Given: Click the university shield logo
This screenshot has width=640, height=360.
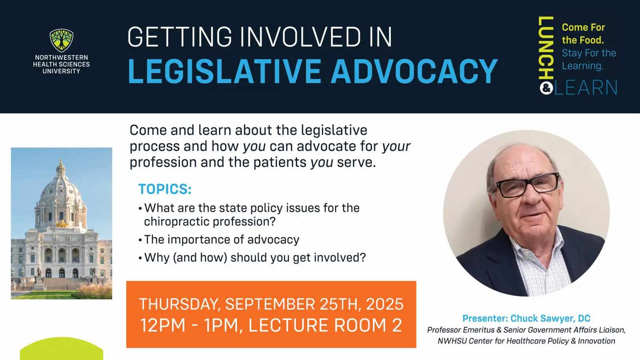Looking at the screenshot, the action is point(62,40).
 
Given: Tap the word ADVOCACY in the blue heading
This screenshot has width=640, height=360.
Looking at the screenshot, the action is point(414,71).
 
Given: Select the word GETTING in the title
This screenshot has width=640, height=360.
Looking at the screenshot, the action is point(180,37).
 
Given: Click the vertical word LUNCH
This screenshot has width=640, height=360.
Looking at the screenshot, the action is point(546,48).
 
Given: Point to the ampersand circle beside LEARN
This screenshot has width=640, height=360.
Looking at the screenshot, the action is point(546,88).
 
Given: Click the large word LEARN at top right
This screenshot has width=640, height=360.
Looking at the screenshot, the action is point(586,88).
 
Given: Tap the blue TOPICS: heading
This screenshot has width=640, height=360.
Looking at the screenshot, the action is point(165,189).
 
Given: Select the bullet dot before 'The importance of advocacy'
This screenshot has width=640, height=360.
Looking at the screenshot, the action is point(140,240).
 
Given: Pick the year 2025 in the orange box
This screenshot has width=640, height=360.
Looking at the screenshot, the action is point(384,304).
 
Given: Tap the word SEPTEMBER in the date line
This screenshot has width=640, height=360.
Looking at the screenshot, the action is point(270,304).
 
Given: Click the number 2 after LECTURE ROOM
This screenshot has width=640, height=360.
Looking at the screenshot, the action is point(397,325).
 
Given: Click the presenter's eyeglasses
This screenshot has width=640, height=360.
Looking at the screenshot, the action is point(528,185).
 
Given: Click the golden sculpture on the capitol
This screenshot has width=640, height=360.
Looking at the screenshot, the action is point(62,224).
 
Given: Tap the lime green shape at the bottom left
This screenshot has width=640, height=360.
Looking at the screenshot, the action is point(62,349).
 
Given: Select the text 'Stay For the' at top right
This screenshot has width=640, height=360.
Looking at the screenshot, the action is point(589,53).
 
